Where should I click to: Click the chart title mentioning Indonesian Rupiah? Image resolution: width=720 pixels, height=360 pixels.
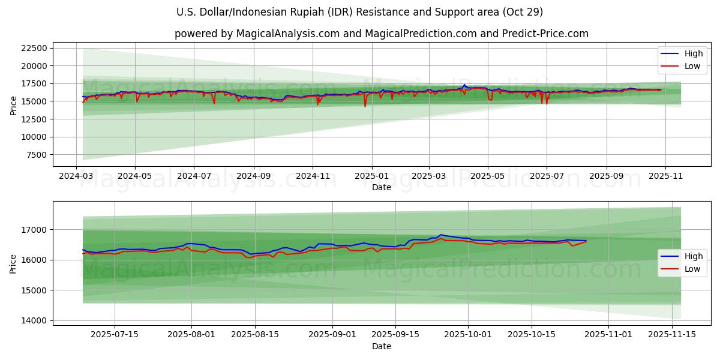360,12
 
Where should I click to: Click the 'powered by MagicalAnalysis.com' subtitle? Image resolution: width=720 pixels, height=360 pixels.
381,34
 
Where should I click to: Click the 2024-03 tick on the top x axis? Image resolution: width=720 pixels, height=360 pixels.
76,177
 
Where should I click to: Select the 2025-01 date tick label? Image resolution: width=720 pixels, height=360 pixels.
371,177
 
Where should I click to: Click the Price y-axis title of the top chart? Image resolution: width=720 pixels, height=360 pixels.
13,105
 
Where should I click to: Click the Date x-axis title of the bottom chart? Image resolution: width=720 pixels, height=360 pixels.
381,346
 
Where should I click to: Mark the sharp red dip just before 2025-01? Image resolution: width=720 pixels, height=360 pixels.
365,106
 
